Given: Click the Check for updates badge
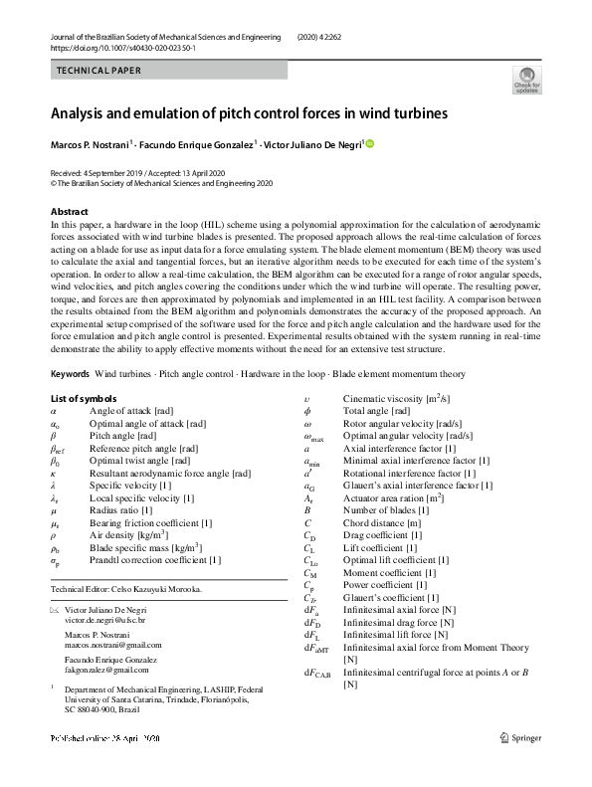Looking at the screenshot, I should pyautogui.click(x=526, y=79).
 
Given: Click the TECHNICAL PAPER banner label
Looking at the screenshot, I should pyautogui.click(x=99, y=71).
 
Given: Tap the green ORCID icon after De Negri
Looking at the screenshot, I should pyautogui.click(x=370, y=144).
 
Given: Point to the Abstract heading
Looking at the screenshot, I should pyautogui.click(x=71, y=212).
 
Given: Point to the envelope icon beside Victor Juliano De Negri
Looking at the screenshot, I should pyautogui.click(x=55, y=608).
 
